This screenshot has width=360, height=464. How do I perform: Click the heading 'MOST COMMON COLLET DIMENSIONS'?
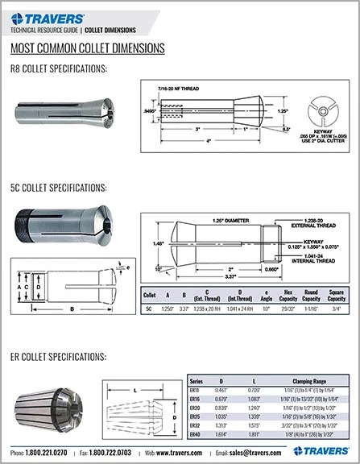[x=88, y=48]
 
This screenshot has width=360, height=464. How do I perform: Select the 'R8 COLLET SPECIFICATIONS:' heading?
[x=59, y=68]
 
